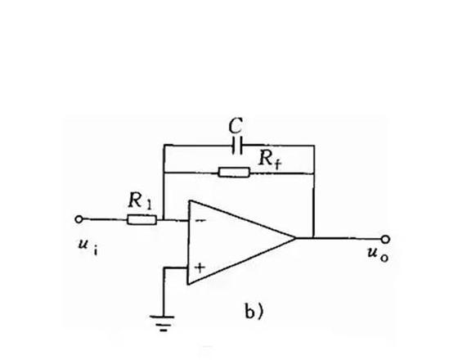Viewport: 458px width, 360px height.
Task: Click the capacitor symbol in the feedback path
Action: [x=237, y=146]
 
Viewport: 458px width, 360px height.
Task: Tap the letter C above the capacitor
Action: [x=236, y=126]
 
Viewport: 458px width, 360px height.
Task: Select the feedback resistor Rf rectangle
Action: [x=234, y=173]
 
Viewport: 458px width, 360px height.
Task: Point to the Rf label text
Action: [x=270, y=160]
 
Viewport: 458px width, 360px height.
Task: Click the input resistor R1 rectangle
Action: [x=142, y=220]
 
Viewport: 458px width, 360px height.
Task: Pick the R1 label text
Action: [x=140, y=201]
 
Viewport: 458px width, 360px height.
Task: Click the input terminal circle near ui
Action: [x=79, y=219]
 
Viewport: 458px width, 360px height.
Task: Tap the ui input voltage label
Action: [x=88, y=246]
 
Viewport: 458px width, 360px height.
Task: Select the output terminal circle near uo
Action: [x=385, y=239]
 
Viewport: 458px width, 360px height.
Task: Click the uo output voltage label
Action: [x=378, y=254]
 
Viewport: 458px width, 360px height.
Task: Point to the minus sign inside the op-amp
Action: [x=200, y=221]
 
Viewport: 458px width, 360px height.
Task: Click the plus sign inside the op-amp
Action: [x=200, y=268]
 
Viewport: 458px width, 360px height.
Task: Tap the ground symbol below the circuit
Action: [x=163, y=323]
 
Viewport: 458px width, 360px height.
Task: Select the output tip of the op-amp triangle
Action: [x=295, y=238]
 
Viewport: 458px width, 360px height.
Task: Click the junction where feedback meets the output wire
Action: [x=314, y=238]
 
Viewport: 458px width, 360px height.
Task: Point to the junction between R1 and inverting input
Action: [x=164, y=219]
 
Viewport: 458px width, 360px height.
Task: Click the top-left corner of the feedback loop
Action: [x=164, y=145]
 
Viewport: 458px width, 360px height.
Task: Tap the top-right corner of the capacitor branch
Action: [x=314, y=146]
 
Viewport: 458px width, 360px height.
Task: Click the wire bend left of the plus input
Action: [x=164, y=268]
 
